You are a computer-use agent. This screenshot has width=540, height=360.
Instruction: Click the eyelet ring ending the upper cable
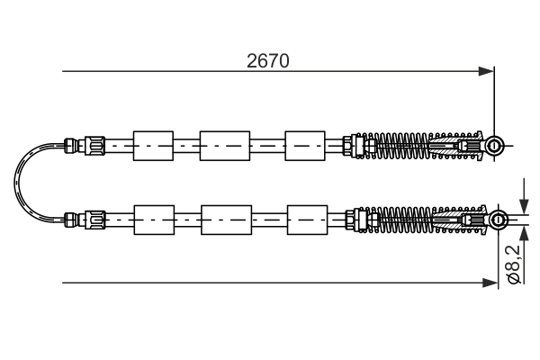coord(494,145)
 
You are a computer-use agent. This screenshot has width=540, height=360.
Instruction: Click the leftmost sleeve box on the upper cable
coord(152,145)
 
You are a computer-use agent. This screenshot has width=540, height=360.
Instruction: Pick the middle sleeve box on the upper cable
coord(224,145)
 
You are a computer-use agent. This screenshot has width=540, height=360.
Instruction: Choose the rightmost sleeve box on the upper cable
coord(304,145)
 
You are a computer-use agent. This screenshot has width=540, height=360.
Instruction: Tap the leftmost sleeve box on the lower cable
coord(152,218)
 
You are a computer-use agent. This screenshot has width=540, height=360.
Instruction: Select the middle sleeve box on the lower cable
coord(225,218)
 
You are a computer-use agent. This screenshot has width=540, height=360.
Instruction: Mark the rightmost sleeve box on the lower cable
coord(306,218)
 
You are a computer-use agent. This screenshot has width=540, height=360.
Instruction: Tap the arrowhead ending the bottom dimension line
coord(489,283)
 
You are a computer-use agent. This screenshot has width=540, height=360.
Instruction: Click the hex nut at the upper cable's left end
coord(94,144)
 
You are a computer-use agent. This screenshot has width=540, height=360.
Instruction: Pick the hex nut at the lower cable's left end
coord(94,218)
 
